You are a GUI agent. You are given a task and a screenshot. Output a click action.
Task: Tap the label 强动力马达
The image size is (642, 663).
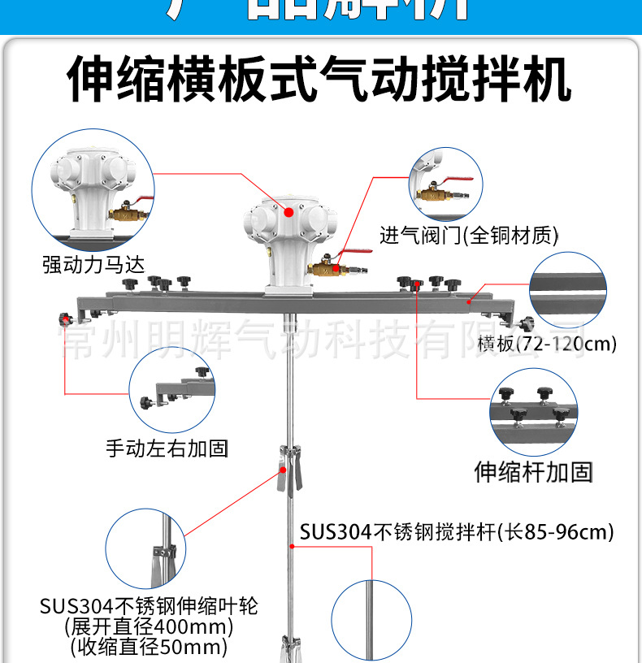98,264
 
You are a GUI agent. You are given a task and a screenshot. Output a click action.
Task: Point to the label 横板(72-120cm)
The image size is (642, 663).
547,344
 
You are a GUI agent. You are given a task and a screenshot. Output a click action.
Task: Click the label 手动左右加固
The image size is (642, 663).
167,447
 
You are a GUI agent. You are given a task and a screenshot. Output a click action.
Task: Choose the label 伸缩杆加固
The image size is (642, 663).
533,471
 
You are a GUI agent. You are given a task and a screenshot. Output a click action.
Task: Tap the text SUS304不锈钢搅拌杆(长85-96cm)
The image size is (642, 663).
456,532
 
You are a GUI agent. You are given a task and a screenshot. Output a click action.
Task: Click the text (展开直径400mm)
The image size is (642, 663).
149,626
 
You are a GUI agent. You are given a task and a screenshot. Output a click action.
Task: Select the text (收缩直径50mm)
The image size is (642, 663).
149,647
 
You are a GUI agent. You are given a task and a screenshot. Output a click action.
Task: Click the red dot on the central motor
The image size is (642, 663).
289,212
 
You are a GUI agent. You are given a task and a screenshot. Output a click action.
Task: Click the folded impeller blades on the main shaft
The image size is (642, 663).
288,471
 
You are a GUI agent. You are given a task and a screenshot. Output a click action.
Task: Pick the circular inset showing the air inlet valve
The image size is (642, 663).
442,186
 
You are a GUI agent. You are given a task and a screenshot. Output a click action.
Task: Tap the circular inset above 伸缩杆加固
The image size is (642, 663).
533,412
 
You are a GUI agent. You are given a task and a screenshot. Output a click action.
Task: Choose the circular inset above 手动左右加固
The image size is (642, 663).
171,395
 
